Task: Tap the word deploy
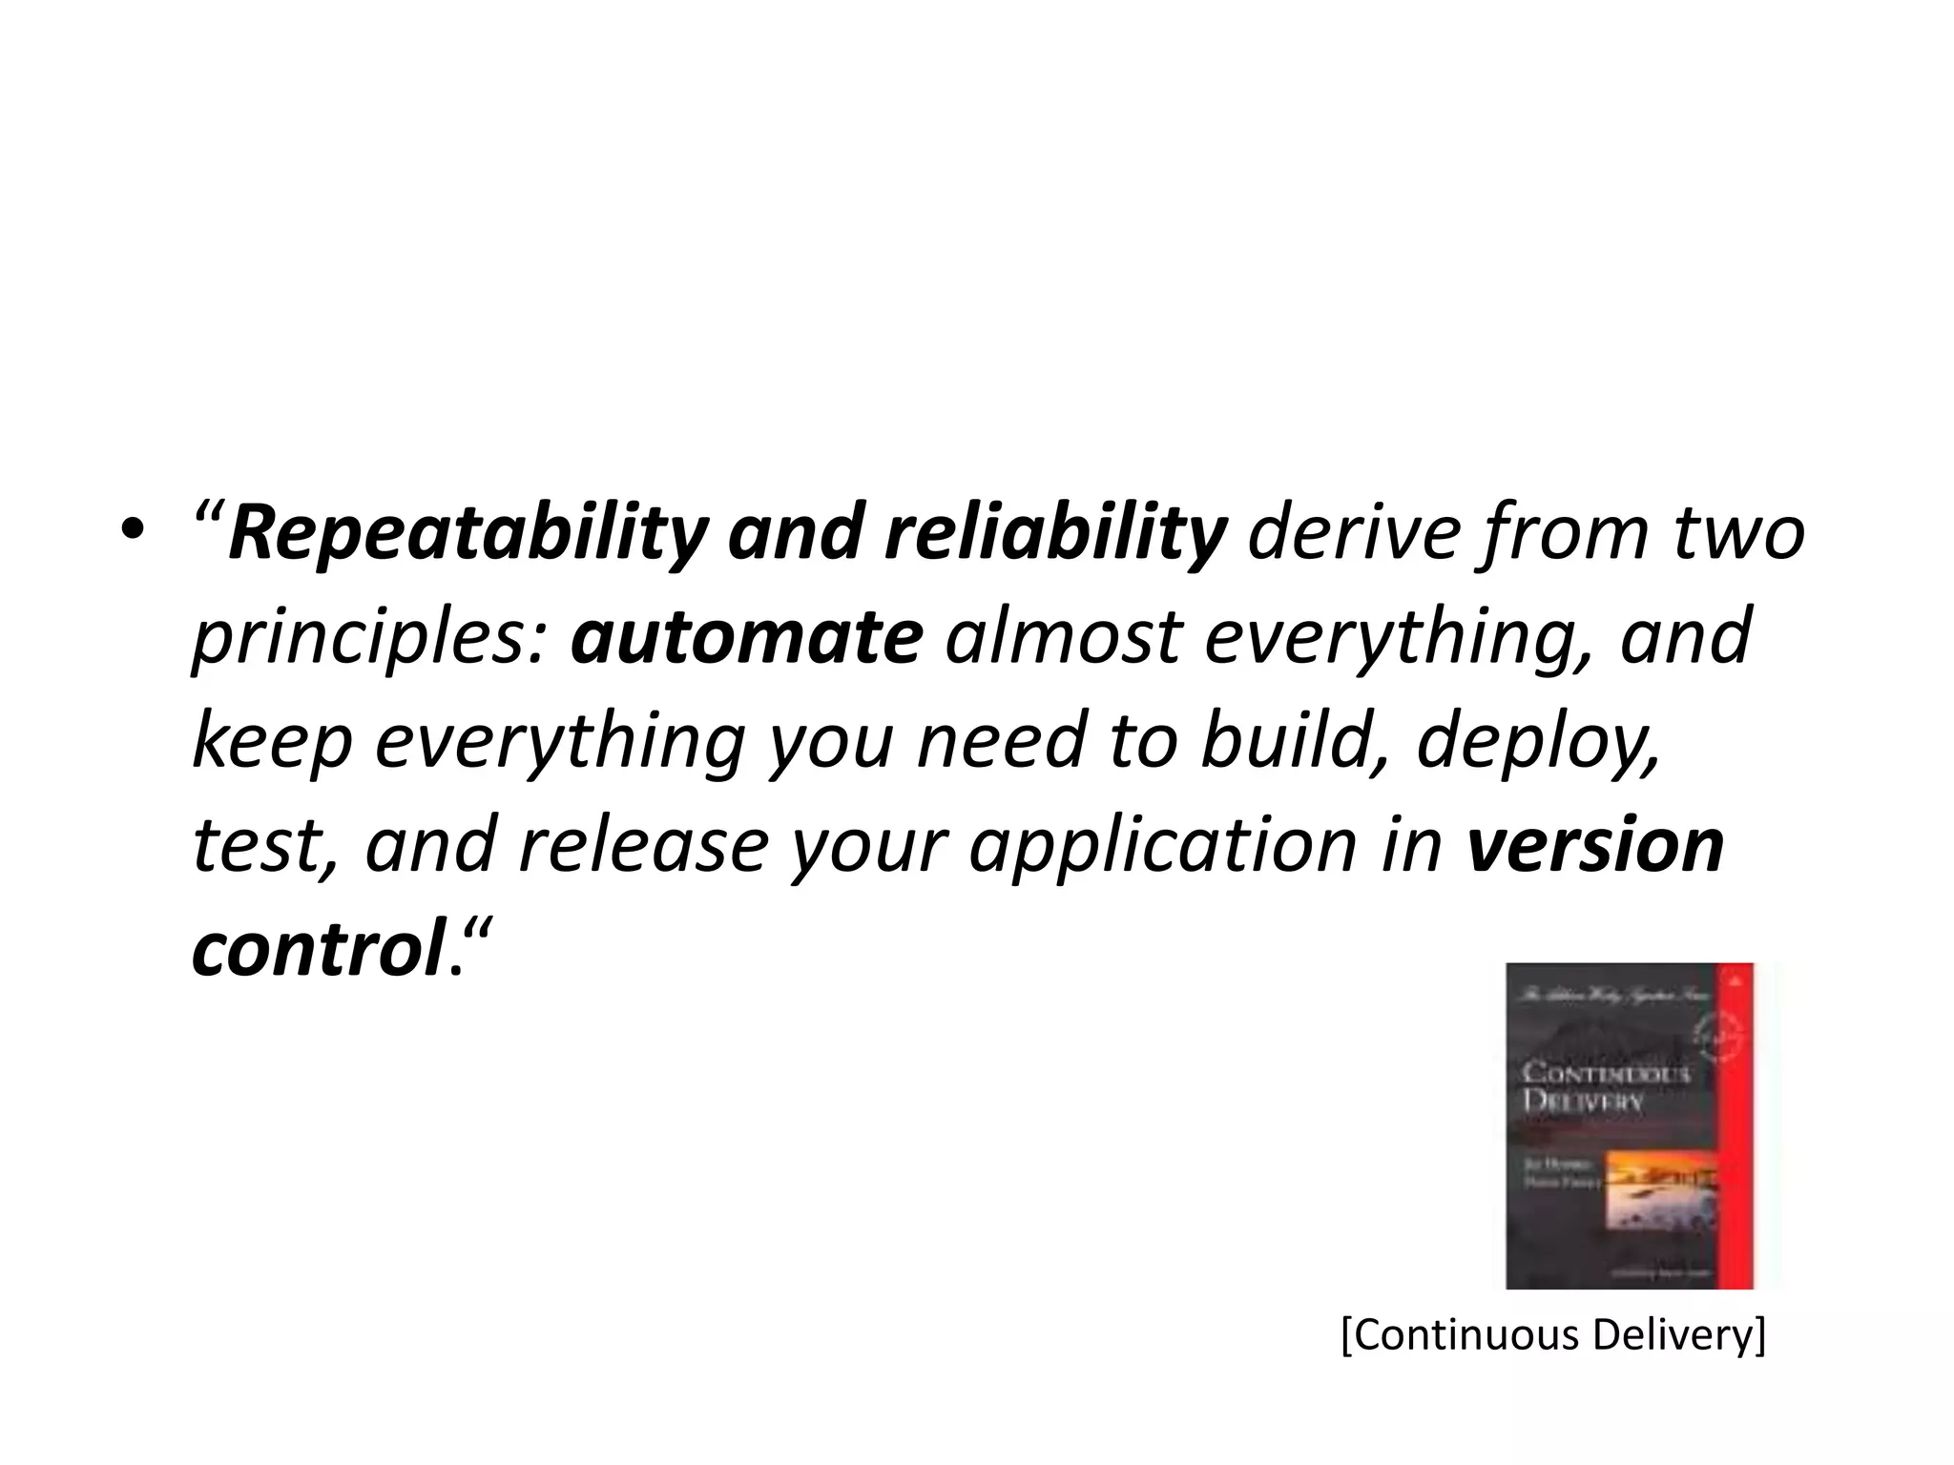pyautogui.click(x=1536, y=742)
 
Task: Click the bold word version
pyautogui.click(x=1594, y=845)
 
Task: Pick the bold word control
pyautogui.click(x=316, y=950)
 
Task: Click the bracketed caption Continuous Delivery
pyautogui.click(x=1553, y=1335)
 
